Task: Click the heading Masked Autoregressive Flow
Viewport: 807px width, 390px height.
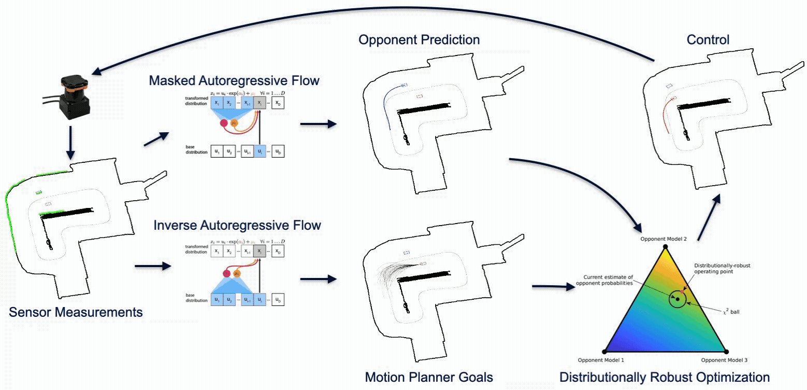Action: pos(234,81)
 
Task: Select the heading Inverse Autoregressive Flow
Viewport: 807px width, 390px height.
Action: pos(237,225)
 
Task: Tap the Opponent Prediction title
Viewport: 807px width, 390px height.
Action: pos(419,40)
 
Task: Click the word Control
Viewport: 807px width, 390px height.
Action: pos(708,40)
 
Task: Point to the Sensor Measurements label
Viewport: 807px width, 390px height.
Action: pos(76,312)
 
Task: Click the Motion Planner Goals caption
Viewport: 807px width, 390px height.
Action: pos(429,377)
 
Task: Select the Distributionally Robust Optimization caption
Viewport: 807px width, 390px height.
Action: pos(665,377)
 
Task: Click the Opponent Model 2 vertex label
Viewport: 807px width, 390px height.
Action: pos(664,239)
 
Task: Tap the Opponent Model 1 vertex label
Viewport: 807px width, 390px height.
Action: pos(601,359)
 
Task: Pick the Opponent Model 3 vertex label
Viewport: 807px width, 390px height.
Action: pos(724,359)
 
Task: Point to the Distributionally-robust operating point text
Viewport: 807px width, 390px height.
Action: pos(722,269)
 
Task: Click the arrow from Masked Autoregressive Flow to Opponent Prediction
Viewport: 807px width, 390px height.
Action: pos(318,124)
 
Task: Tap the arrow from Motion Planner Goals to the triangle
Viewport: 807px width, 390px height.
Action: pos(553,286)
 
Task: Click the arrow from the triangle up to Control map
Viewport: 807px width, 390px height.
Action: pos(708,218)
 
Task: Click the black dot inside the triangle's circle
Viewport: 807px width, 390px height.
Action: pos(676,299)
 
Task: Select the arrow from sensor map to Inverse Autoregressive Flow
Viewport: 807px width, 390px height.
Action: pos(152,266)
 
